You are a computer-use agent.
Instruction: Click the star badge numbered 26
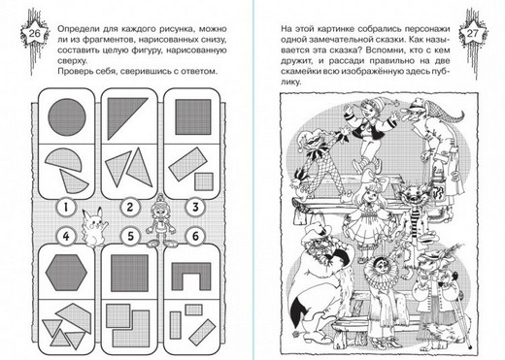34,33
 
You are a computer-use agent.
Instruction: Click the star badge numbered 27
473,34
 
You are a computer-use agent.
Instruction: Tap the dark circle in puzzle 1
67,117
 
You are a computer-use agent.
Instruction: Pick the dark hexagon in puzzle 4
66,273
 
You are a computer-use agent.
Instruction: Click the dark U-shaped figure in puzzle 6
191,276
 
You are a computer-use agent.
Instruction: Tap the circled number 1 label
66,207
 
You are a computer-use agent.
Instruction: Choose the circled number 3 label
195,207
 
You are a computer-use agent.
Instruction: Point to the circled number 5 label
130,236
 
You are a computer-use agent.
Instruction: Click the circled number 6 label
195,236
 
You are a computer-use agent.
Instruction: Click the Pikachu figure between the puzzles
94,227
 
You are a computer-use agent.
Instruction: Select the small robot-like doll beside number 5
160,220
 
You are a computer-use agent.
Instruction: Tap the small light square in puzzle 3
204,181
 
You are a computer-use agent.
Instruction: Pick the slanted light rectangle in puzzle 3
187,164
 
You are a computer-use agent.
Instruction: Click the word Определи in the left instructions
76,29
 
